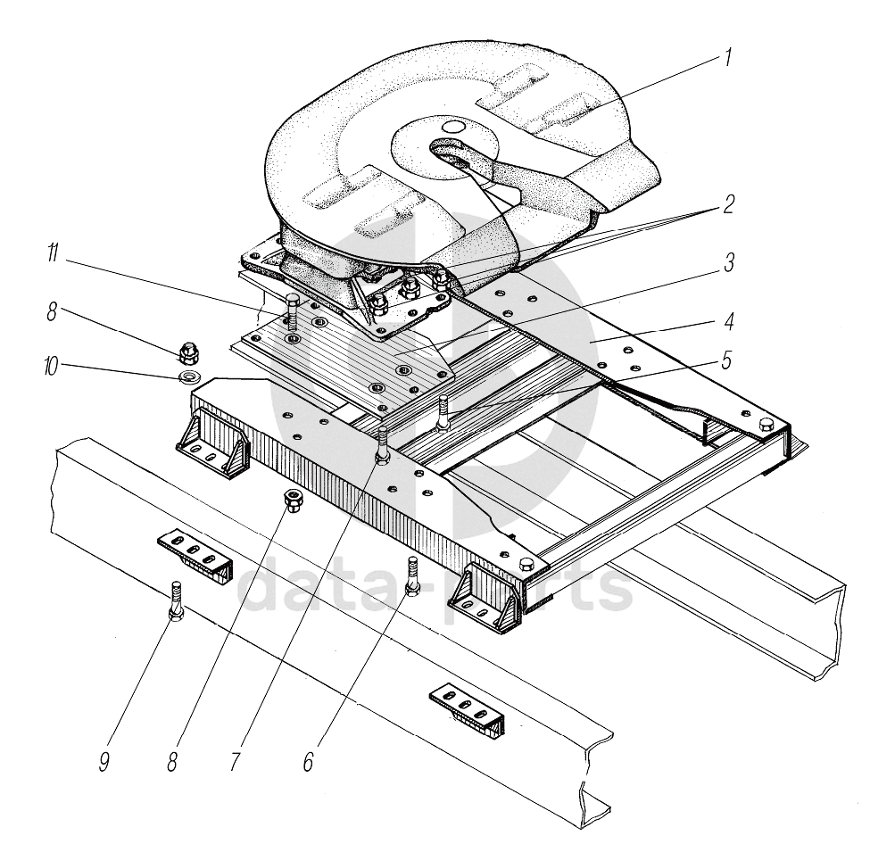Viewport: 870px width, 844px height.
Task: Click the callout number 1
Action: tap(728, 58)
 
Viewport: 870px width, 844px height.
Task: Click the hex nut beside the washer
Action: tap(189, 351)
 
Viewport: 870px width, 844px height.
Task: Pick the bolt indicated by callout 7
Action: tap(382, 444)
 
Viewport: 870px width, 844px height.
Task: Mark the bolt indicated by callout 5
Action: tap(442, 411)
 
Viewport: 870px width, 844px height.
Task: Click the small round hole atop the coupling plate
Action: tap(453, 129)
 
